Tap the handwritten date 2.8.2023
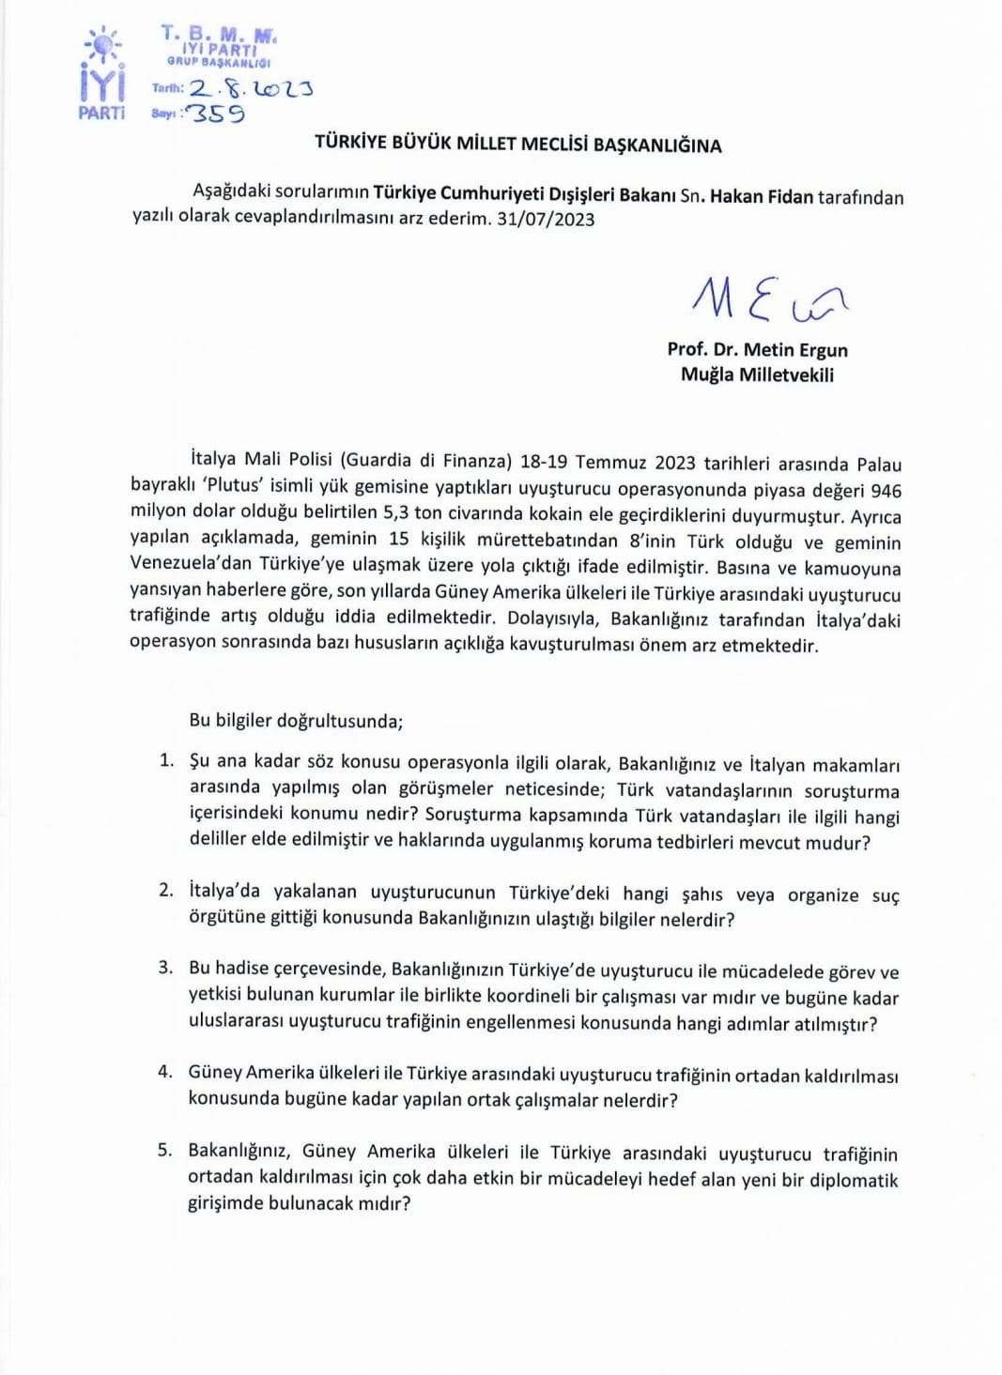(251, 89)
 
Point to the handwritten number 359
(217, 114)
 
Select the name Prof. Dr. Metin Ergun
(757, 349)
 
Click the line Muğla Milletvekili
(757, 374)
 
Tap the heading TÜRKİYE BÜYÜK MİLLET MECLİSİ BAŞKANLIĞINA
(517, 145)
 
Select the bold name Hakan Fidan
(761, 196)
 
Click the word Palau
(878, 465)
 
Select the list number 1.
(166, 759)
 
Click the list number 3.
(165, 967)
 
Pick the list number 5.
(165, 1150)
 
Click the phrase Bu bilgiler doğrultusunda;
(296, 721)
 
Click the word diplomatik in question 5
(854, 1180)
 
